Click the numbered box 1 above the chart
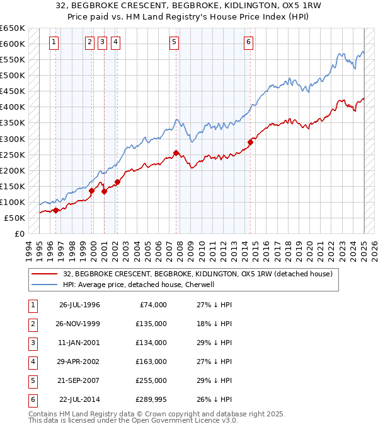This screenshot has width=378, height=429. tap(54, 42)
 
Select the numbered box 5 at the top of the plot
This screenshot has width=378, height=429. tap(174, 42)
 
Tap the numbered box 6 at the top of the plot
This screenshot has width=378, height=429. tap(249, 42)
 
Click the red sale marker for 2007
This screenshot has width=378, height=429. tap(176, 153)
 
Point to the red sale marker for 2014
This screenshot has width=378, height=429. tap(250, 142)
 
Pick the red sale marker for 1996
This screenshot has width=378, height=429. tap(56, 210)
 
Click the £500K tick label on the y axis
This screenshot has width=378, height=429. tap(13, 75)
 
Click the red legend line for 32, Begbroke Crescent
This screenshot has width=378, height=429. tap(45, 274)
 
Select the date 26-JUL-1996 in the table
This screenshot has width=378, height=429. tap(79, 305)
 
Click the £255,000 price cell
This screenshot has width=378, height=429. tap(152, 380)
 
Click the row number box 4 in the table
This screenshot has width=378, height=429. tap(31, 361)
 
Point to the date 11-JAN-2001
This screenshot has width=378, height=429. tap(79, 343)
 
